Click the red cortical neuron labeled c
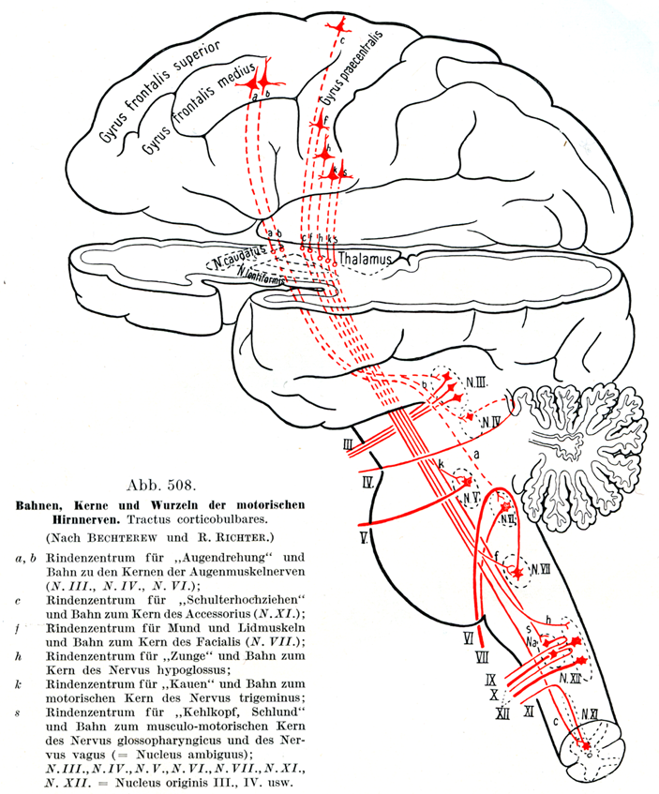pos(334,32)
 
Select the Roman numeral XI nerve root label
pos(529,712)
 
